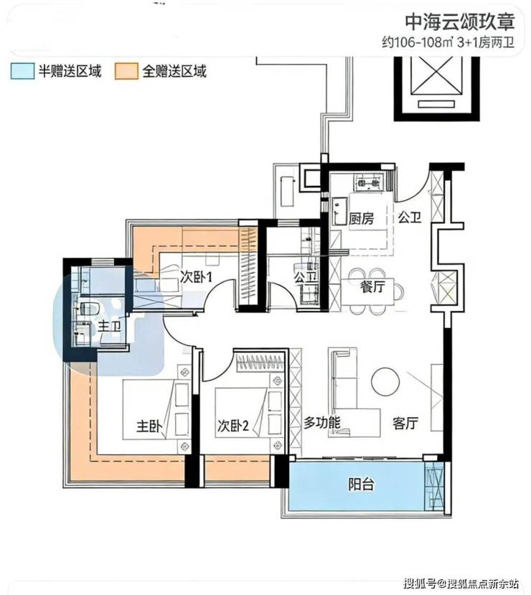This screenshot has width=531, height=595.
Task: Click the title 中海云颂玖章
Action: pyautogui.click(x=460, y=22)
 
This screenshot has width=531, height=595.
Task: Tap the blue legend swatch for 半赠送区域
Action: pyautogui.click(x=22, y=71)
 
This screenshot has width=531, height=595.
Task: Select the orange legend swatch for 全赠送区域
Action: pyautogui.click(x=126, y=71)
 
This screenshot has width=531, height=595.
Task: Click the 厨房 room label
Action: pyautogui.click(x=361, y=219)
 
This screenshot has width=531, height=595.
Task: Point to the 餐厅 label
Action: pyautogui.click(x=372, y=286)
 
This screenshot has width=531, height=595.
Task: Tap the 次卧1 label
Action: pyautogui.click(x=196, y=277)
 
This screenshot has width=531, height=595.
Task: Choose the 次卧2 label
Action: pyautogui.click(x=233, y=426)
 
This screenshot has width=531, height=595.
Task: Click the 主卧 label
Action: pyautogui.click(x=149, y=426)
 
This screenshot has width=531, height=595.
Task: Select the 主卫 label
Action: pyautogui.click(x=110, y=326)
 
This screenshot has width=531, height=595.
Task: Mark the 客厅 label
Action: pyautogui.click(x=405, y=423)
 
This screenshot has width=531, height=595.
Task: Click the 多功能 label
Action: pyautogui.click(x=322, y=423)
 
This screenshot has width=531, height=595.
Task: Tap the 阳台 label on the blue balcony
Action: pyautogui.click(x=361, y=484)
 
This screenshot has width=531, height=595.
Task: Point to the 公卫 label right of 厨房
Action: pyautogui.click(x=410, y=217)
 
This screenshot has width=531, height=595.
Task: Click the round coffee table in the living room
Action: pyautogui.click(x=385, y=381)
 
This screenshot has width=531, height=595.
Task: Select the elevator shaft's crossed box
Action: pyautogui.click(x=437, y=75)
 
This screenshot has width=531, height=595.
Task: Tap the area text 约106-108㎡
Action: pyautogui.click(x=418, y=42)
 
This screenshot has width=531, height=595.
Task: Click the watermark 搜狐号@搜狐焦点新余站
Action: pyautogui.click(x=461, y=583)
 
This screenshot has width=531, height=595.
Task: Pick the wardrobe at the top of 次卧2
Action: pyautogui.click(x=260, y=362)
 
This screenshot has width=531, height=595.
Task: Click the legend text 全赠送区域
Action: pyautogui.click(x=174, y=71)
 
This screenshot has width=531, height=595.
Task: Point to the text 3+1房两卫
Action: pyautogui.click(x=486, y=42)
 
